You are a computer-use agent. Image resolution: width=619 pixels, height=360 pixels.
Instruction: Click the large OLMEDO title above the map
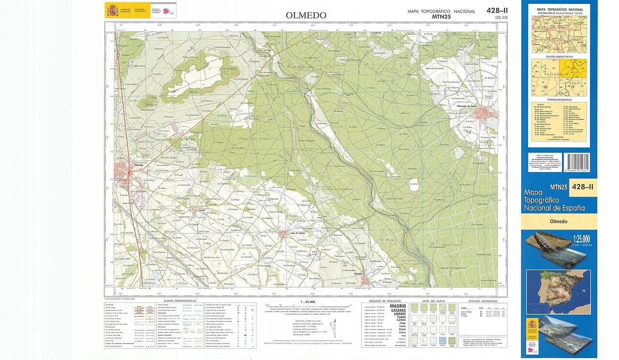click(306, 15)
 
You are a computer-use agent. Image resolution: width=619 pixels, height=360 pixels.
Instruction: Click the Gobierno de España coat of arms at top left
click(111, 10)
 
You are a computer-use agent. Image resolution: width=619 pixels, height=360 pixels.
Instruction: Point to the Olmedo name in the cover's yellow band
click(559, 221)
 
